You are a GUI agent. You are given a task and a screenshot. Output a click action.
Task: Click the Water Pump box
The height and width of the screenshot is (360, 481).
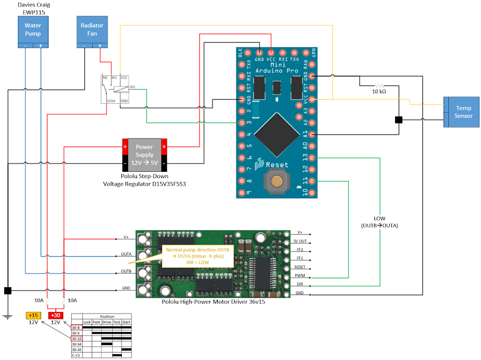tap(33, 30)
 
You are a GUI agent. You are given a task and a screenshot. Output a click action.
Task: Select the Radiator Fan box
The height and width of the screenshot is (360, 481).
tap(92, 30)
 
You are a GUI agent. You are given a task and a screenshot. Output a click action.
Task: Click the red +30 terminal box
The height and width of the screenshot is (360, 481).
tap(55, 315)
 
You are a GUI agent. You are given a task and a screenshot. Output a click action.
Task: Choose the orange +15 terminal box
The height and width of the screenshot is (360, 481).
tap(33, 315)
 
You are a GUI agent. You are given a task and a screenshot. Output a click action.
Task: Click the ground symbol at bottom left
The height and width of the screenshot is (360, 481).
tap(7, 317)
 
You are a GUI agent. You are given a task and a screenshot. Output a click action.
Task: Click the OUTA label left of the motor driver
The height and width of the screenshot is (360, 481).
tap(126, 254)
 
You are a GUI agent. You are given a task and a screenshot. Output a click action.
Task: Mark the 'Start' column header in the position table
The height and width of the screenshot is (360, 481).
tap(127, 322)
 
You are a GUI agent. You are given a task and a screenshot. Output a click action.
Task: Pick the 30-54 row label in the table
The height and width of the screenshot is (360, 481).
tap(76, 344)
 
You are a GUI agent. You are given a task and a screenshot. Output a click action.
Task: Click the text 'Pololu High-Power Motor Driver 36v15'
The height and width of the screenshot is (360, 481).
tap(213, 303)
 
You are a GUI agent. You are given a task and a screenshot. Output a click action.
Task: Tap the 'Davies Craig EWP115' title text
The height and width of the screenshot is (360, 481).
tap(33, 7)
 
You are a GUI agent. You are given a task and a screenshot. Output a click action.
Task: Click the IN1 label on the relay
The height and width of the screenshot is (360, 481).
tap(133, 86)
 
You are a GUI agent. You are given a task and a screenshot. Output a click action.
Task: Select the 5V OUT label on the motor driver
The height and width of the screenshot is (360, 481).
tap(300, 241)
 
